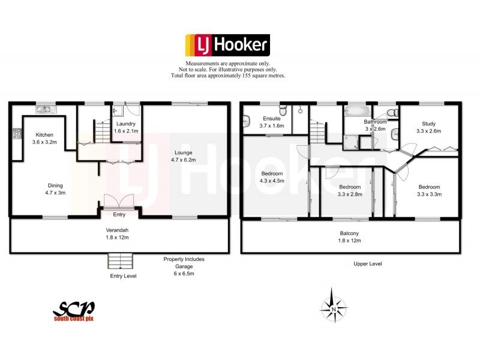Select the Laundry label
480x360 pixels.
125,123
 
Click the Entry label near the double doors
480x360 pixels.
119,214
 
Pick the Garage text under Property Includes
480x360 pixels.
184,266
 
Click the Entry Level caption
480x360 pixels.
123,276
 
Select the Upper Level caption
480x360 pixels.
368,264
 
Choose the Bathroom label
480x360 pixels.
376,122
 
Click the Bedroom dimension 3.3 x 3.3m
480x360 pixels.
429,194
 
